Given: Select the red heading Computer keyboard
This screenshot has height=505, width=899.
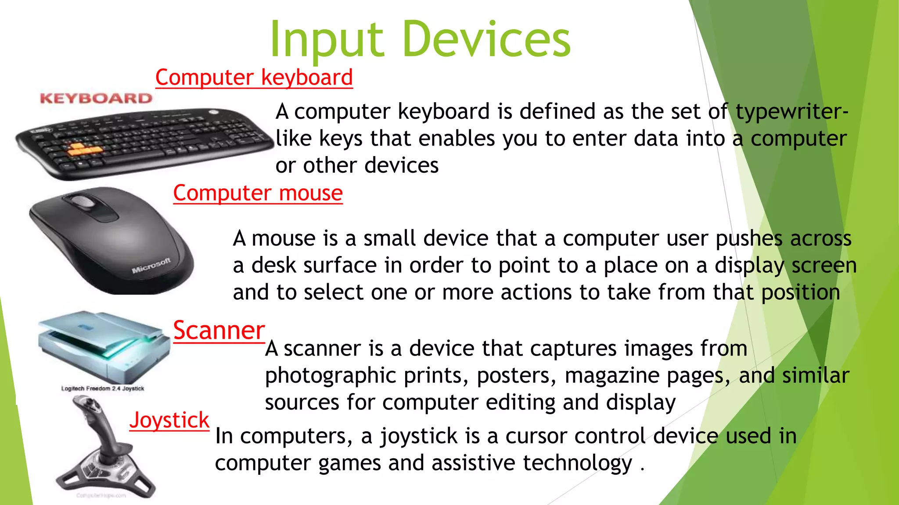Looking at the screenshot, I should tap(254, 78).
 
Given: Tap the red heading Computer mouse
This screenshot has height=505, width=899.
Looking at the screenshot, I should tap(258, 193).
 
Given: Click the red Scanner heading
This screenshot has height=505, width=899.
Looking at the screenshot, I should tap(219, 330).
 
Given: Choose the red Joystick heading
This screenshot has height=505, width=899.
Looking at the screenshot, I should tap(169, 420).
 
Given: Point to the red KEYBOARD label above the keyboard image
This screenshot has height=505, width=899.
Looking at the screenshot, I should tap(96, 98).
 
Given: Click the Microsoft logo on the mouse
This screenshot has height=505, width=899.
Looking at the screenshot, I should tap(151, 266).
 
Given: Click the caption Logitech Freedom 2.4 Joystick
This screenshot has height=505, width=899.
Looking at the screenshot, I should tap(103, 388).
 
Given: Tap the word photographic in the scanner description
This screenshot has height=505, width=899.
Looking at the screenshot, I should tap(330, 376).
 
